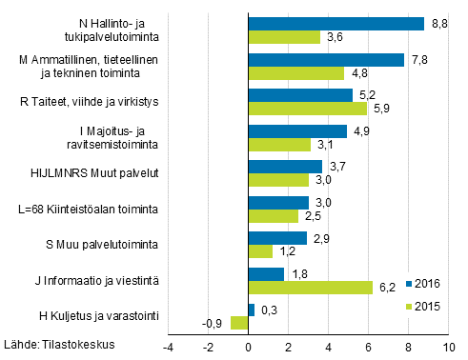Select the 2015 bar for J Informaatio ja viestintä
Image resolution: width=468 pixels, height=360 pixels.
pyautogui.click(x=311, y=289)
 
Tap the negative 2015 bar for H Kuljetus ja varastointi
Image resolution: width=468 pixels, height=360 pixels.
pyautogui.click(x=239, y=324)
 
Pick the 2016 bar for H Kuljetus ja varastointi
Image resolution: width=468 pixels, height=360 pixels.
pyautogui.click(x=252, y=310)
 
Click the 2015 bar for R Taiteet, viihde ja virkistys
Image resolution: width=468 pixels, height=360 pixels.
pyautogui.click(x=307, y=109)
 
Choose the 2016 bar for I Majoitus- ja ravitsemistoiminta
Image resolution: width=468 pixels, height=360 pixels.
pyautogui.click(x=297, y=131)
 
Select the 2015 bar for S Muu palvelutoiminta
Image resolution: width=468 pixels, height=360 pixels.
pyautogui.click(x=260, y=252)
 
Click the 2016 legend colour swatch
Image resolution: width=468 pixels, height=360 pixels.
pyautogui.click(x=410, y=283)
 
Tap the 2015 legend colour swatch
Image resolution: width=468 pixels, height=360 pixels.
pyautogui.click(x=410, y=306)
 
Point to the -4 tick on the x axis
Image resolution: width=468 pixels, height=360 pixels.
pyautogui.click(x=168, y=347)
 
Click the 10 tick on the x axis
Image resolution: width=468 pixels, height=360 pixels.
pyautogui.click(x=449, y=347)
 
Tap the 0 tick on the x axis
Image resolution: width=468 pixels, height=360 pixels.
pyautogui.click(x=249, y=347)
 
